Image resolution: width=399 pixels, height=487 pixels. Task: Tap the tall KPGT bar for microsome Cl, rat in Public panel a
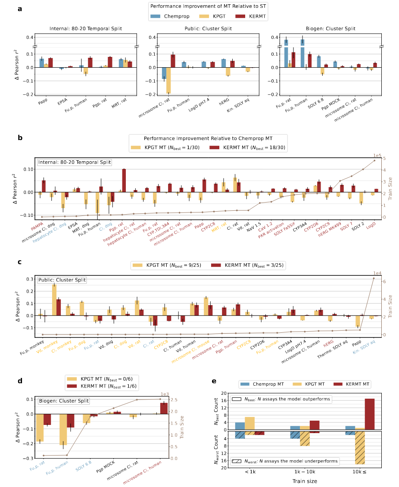(168, 81)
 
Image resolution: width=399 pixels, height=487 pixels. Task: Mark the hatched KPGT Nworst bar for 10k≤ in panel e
(360, 448)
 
